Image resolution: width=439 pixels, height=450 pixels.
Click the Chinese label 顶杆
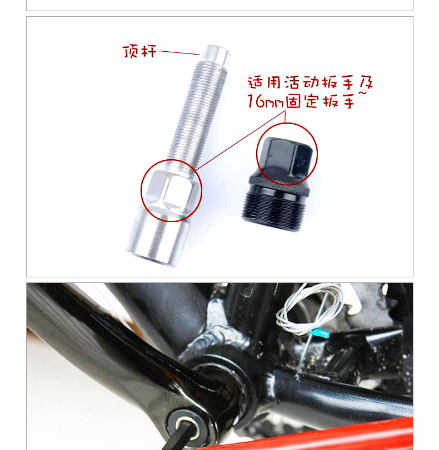[x=139, y=52]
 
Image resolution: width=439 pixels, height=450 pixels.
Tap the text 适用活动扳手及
[x=310, y=84]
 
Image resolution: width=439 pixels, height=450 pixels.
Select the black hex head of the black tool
[x=286, y=156]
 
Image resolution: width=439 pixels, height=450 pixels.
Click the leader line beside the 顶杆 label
[x=178, y=53]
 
